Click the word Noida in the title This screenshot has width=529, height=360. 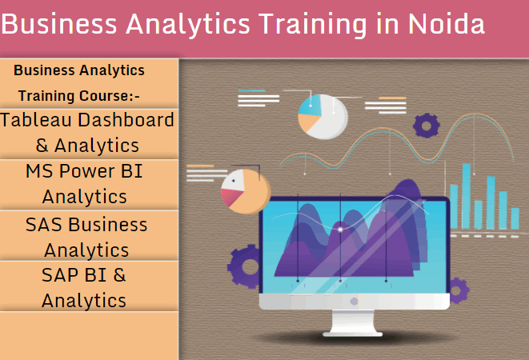tap(447, 24)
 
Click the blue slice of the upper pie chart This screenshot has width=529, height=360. tap(310, 105)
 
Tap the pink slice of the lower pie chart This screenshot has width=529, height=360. tap(231, 197)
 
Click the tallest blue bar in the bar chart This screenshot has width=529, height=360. tap(467, 196)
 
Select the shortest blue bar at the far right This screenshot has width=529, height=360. tap(515, 218)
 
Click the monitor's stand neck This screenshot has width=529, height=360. tap(353, 321)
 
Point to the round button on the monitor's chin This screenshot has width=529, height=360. tap(354, 302)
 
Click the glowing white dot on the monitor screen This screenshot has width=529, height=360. tap(341, 230)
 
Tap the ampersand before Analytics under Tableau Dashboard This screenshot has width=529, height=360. tap(42, 146)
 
